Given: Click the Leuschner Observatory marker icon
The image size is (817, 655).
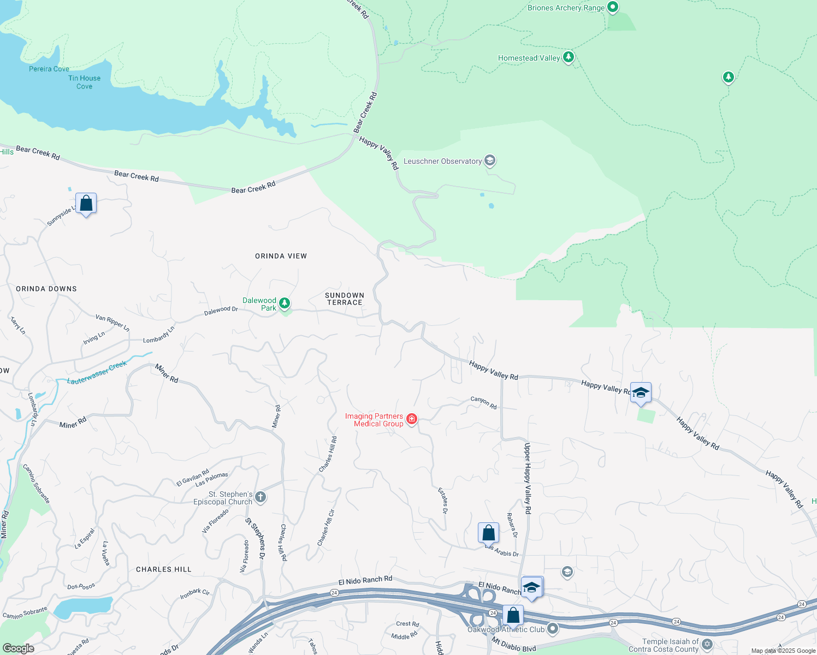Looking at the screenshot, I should pyautogui.click(x=490, y=160).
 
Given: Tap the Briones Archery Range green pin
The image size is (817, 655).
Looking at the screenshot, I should pyautogui.click(x=613, y=7).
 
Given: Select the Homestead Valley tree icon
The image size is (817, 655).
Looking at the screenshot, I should pyautogui.click(x=569, y=57).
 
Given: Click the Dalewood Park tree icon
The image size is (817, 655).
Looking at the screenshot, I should pyautogui.click(x=285, y=303).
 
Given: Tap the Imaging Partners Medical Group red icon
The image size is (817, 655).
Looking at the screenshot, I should pyautogui.click(x=412, y=419).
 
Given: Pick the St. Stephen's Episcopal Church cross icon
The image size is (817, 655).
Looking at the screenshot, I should pyautogui.click(x=261, y=497).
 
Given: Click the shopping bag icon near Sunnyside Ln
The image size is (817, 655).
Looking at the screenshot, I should pyautogui.click(x=86, y=203).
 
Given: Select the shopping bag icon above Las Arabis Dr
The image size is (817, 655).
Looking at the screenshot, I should pyautogui.click(x=488, y=533).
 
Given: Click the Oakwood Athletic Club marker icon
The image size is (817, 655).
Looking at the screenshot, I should pyautogui.click(x=553, y=629).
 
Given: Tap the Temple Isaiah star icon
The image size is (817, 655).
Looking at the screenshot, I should pyautogui.click(x=707, y=645).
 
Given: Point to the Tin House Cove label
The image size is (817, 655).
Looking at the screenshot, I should pyautogui.click(x=84, y=82).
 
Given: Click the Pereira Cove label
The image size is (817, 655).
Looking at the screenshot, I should pyautogui.click(x=49, y=69).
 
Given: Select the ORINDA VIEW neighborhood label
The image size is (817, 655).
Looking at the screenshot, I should pyautogui.click(x=281, y=256).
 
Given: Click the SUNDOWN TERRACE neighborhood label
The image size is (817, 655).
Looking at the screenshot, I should pyautogui.click(x=345, y=299).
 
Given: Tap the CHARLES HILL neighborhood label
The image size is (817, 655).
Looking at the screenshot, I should pyautogui.click(x=164, y=569).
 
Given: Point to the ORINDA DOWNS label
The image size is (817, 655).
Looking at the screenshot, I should pyautogui.click(x=46, y=289).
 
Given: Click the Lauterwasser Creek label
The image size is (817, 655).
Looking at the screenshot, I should pyautogui.click(x=97, y=373).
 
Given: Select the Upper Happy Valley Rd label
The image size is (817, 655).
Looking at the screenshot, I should pyautogui.click(x=528, y=478).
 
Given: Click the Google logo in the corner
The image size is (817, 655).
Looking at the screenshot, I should pyautogui.click(x=18, y=648).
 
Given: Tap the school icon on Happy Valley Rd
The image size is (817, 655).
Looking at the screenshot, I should pyautogui.click(x=641, y=392).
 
